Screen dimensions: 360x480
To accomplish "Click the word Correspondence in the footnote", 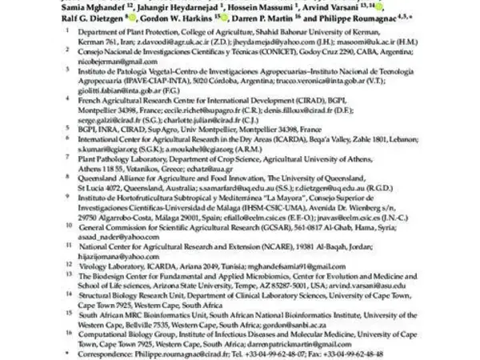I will click(108, 354).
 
